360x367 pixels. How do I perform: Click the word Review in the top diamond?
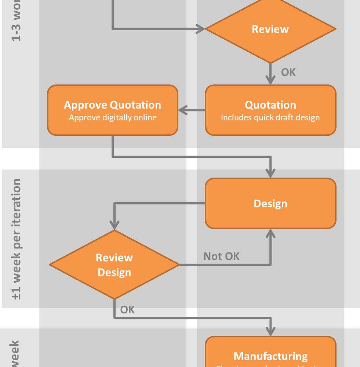[270, 29]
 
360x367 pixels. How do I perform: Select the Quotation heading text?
[270, 105]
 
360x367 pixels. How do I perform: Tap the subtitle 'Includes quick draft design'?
[270, 118]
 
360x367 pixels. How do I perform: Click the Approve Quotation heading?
[113, 105]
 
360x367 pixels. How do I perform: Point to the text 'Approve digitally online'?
[113, 118]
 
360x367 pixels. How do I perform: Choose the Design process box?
[270, 203]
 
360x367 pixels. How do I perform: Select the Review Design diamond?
[114, 265]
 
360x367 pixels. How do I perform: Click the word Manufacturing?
[270, 356]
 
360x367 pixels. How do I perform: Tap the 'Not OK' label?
[221, 257]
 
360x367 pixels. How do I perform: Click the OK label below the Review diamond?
[288, 72]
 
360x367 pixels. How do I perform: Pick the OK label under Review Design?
[127, 310]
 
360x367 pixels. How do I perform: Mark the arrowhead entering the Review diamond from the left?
[200, 29]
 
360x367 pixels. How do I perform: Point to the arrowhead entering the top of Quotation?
[270, 80]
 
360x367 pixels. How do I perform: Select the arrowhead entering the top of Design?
[270, 173]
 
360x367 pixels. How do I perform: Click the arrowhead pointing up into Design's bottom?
[270, 233]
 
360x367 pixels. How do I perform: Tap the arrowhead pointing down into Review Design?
[114, 224]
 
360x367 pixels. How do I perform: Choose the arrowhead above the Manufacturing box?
[270, 331]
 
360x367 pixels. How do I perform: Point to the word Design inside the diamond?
[114, 272]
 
